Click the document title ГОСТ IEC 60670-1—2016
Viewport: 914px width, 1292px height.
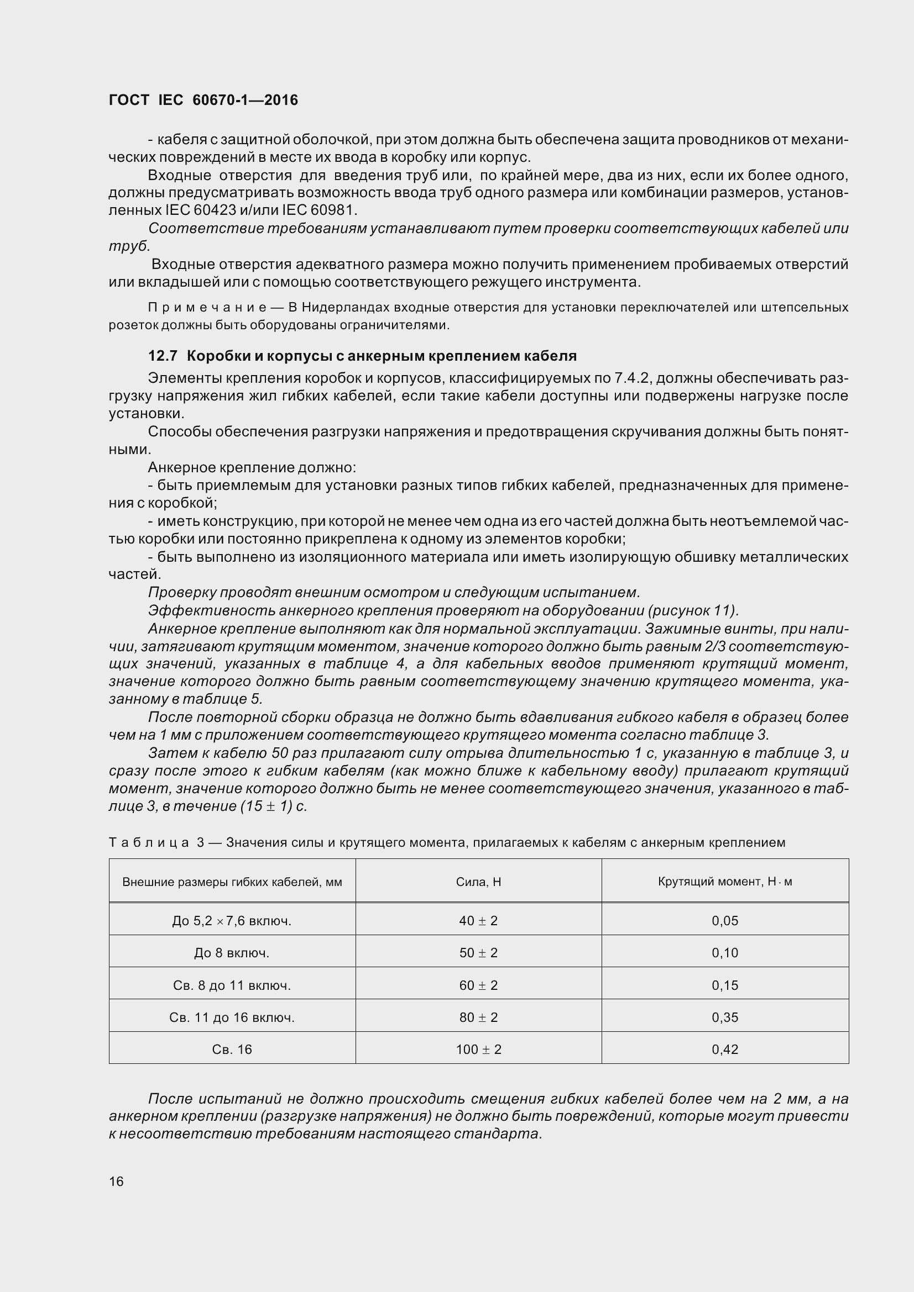point(203,100)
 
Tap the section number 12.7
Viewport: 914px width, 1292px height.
point(163,356)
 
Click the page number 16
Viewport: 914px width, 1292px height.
point(116,1181)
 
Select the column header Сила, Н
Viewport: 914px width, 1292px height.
point(478,882)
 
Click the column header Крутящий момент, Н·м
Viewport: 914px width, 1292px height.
point(725,882)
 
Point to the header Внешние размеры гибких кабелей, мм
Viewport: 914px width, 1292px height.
point(232,882)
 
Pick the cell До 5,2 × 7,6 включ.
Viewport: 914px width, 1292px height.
point(232,921)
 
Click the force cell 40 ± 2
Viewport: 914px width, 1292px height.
point(478,921)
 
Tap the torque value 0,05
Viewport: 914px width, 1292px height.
point(725,921)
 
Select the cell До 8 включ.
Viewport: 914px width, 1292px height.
point(232,953)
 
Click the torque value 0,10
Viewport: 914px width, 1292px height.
point(725,953)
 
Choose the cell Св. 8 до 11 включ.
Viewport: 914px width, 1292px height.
point(232,985)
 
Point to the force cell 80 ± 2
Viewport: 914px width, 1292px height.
point(478,1017)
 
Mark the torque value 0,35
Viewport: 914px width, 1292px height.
point(725,1017)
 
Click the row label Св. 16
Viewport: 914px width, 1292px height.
point(232,1050)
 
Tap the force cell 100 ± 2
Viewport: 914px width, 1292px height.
point(478,1050)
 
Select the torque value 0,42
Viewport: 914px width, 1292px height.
point(725,1050)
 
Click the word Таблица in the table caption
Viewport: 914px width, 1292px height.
point(149,842)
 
